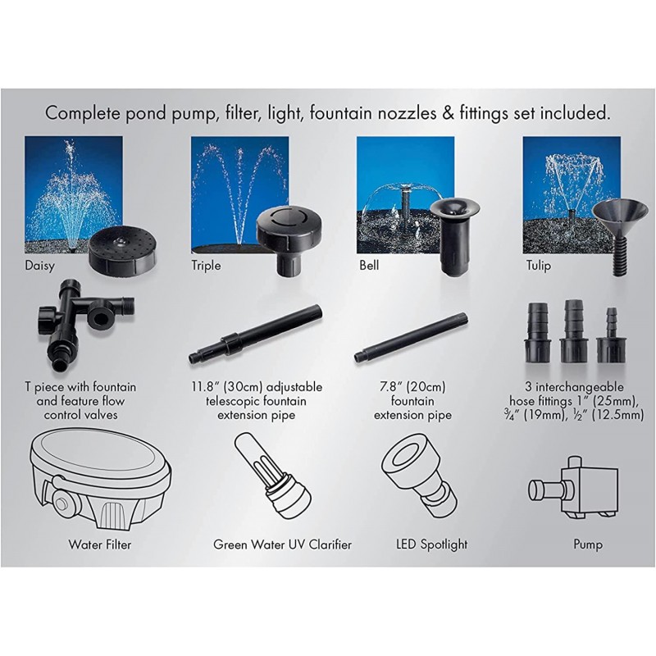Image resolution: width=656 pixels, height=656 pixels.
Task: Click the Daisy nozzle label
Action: [40, 266]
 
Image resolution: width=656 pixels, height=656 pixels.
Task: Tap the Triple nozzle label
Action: [206, 266]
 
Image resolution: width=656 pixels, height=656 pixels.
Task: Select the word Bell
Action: [370, 266]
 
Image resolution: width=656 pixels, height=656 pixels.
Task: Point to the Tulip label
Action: [537, 266]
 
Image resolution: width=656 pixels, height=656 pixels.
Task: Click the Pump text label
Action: [587, 544]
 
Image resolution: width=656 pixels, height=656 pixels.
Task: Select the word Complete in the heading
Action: [81, 112]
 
